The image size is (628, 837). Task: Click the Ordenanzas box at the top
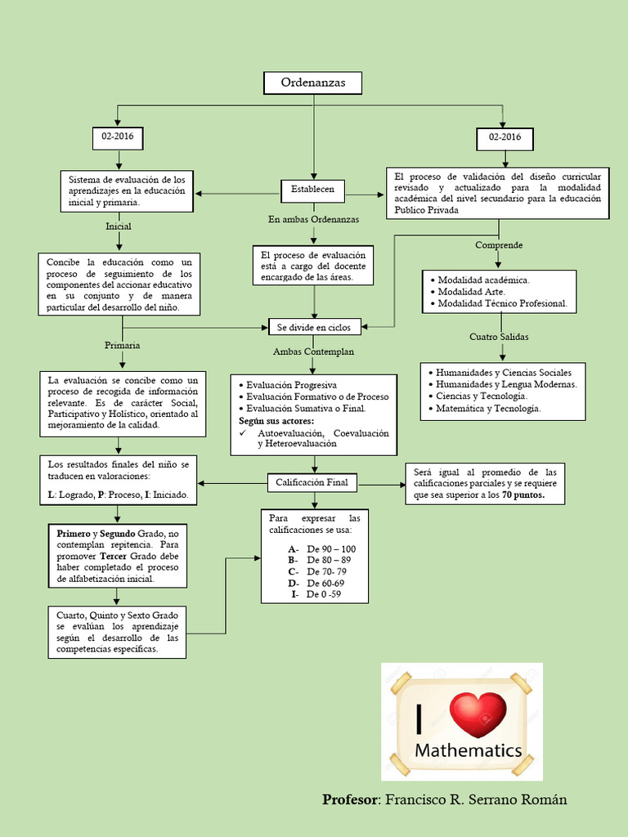pos(312,83)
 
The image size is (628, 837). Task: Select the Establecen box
pos(312,190)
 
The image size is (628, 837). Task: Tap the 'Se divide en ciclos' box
pos(314,327)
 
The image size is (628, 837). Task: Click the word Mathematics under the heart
pos(468,750)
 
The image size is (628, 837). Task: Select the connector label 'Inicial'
pos(119,226)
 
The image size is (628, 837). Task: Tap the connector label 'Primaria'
pos(122,345)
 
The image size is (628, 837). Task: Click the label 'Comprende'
pos(499,245)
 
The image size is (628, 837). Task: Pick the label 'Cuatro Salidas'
pos(499,337)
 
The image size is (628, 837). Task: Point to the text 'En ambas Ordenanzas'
pos(313,219)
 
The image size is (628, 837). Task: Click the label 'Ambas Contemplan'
pos(313,351)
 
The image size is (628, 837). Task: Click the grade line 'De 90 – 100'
pos(331,548)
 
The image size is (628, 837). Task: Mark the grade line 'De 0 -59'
pos(324,594)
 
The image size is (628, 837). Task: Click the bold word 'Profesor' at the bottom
pos(350,799)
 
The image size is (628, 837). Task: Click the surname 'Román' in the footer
pos(541,799)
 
